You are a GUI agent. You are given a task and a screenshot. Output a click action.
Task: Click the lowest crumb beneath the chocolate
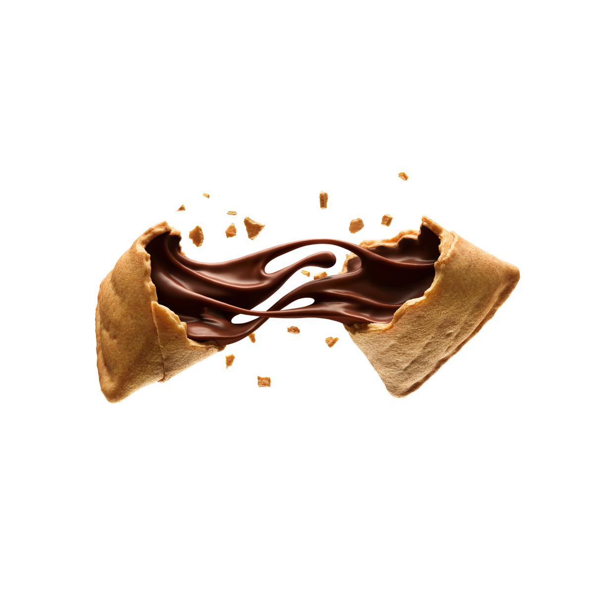(x=264, y=381)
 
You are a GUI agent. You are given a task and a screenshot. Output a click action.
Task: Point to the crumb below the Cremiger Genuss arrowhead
(x=403, y=175)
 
